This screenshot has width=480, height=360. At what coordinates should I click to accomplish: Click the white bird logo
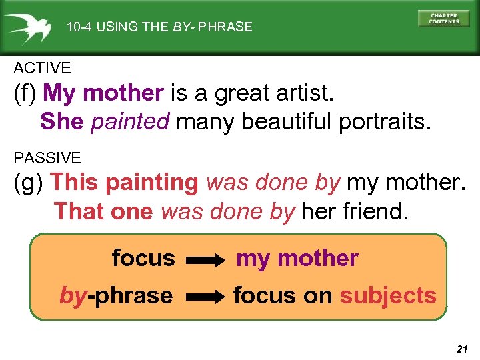[29, 27]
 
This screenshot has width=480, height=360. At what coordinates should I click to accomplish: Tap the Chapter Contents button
[443, 18]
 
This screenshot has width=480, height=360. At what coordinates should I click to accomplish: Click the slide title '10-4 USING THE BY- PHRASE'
[159, 27]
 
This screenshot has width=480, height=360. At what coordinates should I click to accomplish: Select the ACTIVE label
[42, 68]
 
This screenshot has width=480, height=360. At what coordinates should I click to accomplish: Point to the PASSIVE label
[47, 158]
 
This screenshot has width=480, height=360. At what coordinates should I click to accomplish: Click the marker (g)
[29, 182]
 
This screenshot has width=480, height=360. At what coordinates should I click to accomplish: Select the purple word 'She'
[62, 121]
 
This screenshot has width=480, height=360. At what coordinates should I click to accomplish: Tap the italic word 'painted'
[131, 121]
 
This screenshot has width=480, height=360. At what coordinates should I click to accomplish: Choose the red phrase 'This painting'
[125, 182]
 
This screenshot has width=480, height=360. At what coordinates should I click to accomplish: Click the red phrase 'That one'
[105, 211]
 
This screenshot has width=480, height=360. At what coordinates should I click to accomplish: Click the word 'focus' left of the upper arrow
[143, 258]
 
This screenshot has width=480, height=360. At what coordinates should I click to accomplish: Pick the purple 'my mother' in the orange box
[297, 259]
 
